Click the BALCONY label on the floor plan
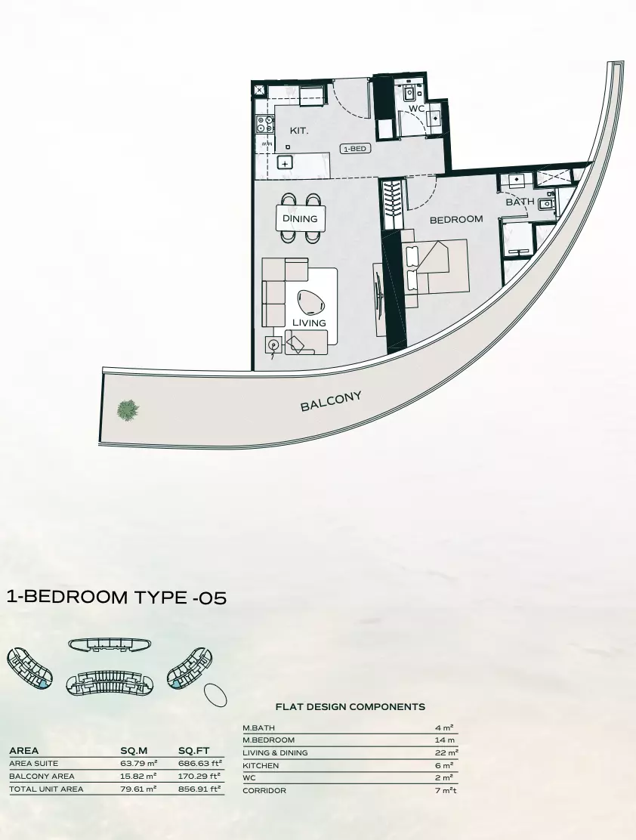[331, 401]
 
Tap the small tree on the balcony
[128, 409]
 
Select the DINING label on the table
[300, 219]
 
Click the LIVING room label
[309, 323]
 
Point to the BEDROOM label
[455, 219]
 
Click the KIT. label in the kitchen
[299, 131]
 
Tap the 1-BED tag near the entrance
[355, 149]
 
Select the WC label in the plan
[417, 109]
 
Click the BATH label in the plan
[520, 202]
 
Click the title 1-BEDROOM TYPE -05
[116, 598]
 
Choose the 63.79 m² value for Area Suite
[138, 764]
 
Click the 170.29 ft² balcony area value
[199, 776]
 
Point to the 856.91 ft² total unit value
[199, 789]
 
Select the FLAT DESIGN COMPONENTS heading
[350, 707]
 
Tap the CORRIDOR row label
[264, 791]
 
